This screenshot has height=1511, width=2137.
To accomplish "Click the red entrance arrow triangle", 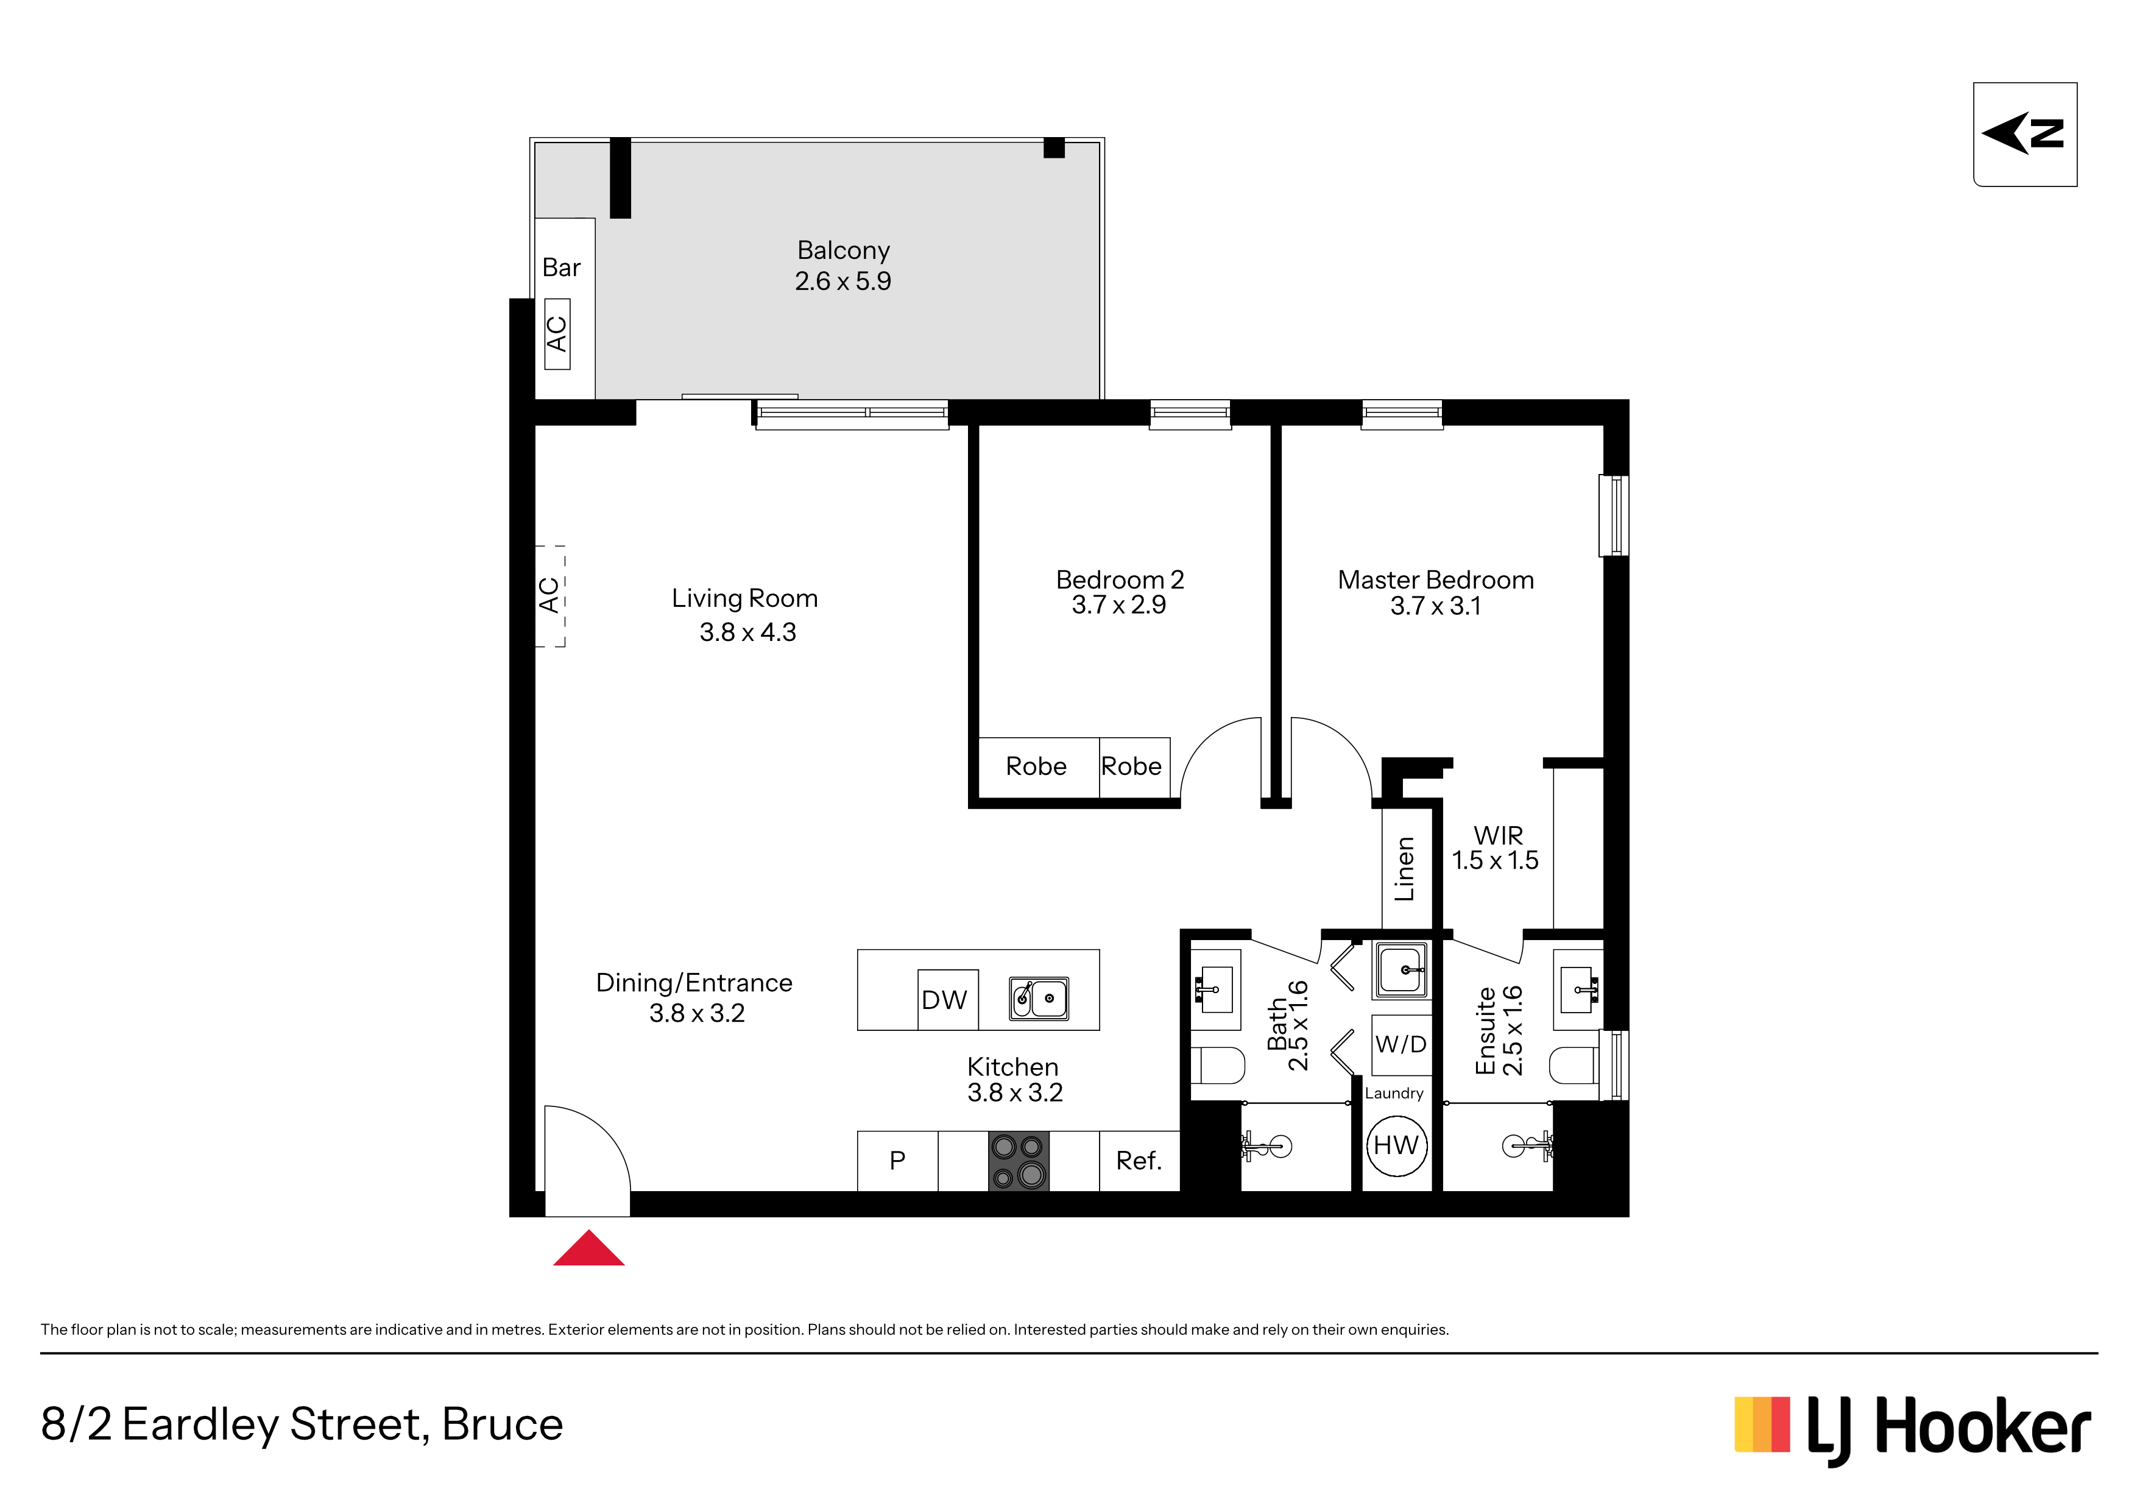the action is click(588, 1250).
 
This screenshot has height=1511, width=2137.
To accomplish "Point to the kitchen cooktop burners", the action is click(1018, 1161).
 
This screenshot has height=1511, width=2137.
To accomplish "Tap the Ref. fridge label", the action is click(1139, 1161).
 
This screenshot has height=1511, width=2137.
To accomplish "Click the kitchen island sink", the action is click(1040, 998).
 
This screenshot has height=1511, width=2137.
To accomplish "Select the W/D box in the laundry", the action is click(1401, 1044).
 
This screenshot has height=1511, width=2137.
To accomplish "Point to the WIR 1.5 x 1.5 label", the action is click(1496, 848).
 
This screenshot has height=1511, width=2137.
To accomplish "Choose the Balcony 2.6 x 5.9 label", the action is click(843, 265).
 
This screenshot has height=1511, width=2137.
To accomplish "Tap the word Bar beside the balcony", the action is click(561, 268).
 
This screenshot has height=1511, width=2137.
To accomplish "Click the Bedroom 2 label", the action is click(1120, 580).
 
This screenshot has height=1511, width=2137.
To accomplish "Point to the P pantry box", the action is click(897, 1161).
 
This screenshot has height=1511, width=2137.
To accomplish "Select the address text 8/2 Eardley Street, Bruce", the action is click(303, 1425).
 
